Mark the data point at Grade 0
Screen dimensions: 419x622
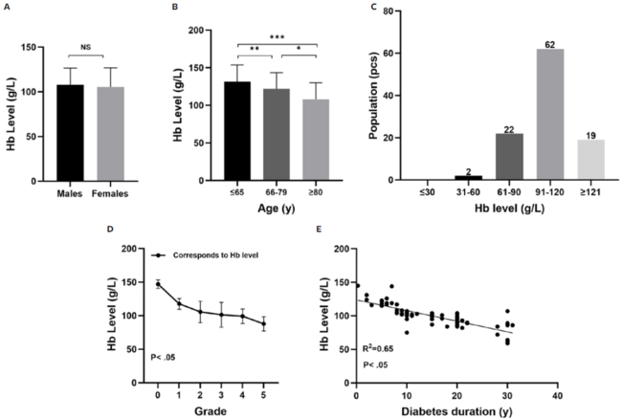[x=157, y=284]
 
